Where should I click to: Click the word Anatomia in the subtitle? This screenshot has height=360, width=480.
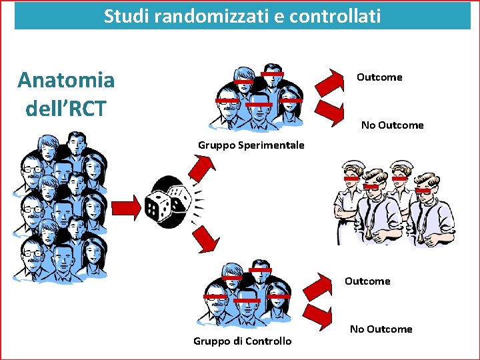(x=66, y=81)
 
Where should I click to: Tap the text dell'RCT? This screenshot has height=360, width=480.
(x=66, y=107)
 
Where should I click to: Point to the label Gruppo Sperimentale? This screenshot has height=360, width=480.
(x=251, y=145)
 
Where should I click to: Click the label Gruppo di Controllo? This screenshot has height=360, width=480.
(x=242, y=341)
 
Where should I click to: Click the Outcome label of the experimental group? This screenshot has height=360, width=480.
(x=379, y=77)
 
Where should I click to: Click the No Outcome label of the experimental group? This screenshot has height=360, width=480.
(x=392, y=125)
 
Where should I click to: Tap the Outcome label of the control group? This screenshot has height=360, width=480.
(x=367, y=281)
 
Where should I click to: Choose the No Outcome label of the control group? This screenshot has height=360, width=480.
(x=381, y=329)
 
